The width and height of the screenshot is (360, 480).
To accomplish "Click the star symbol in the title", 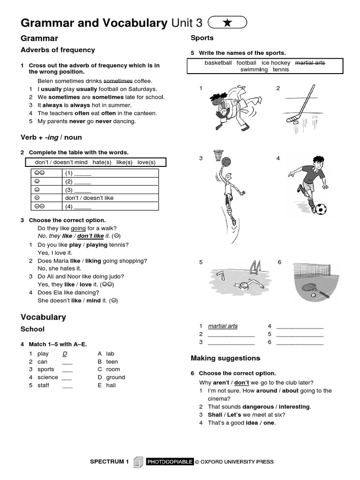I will [227, 23].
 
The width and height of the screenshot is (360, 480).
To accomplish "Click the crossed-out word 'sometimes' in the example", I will [118, 81].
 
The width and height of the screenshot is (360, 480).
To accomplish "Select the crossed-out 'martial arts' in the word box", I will [310, 62].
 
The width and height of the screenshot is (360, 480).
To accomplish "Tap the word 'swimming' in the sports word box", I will [254, 69].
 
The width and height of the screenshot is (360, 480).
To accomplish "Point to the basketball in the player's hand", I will [226, 162].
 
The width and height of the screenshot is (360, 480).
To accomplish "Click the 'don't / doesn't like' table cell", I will [89, 198].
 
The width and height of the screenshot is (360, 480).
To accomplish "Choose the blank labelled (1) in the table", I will [82, 173].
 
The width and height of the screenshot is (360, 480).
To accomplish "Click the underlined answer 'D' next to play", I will [65, 354].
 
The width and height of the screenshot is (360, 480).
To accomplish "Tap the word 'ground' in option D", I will [115, 377].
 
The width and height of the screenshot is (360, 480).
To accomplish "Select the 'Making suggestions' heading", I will [225, 358].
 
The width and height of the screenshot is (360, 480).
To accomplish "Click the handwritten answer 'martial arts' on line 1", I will [223, 326].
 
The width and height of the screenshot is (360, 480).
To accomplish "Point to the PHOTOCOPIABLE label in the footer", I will [170, 462].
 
